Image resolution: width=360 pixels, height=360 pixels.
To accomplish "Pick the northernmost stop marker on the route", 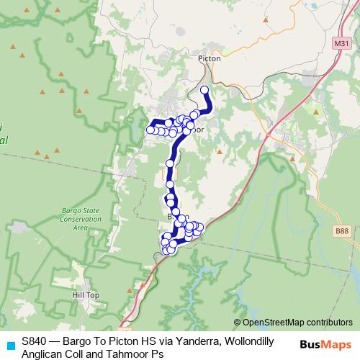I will click(204, 90).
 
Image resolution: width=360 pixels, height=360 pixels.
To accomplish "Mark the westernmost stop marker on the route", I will click(150, 130).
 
